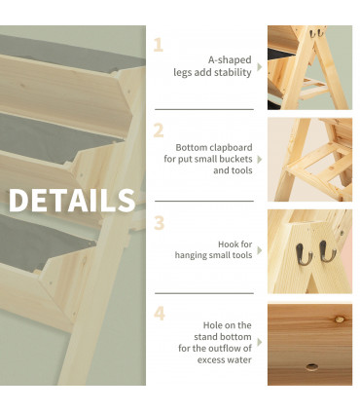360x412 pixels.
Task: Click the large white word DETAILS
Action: coord(72,200)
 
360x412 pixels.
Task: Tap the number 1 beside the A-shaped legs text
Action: coord(158,45)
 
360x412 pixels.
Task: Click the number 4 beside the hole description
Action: coord(159,314)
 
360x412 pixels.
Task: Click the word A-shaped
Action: coord(230,58)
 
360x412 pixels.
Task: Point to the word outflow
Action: coord(232,348)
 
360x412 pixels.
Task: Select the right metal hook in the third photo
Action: coord(327,252)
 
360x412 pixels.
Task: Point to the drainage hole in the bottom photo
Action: coord(310,366)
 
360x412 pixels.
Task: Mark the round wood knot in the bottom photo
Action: coord(341,318)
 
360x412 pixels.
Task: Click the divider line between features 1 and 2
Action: coord(204,108)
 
